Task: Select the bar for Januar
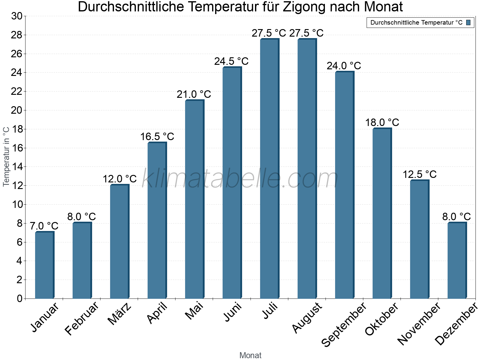tap(44, 265)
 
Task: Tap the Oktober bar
tap(382, 213)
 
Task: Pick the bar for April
tap(157, 220)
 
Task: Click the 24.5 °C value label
tap(231, 61)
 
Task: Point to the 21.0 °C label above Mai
tap(194, 94)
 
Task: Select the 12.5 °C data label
tap(419, 174)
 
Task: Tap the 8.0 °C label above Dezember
tap(456, 216)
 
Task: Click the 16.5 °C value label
tap(157, 136)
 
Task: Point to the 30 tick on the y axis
tap(17, 16)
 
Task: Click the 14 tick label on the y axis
tap(17, 167)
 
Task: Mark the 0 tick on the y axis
tap(20, 298)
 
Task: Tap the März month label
tap(120, 314)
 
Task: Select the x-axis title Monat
tap(250, 355)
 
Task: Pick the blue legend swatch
tap(468, 22)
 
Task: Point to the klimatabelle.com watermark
tap(240, 178)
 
